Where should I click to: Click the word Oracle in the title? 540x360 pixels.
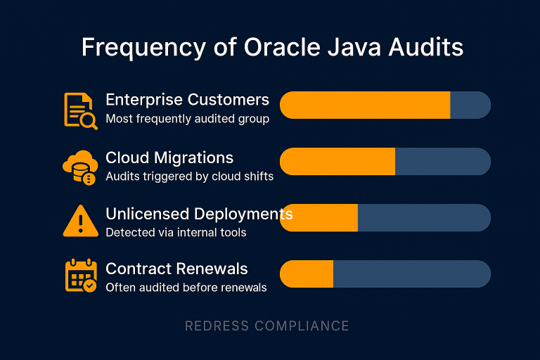click(273, 47)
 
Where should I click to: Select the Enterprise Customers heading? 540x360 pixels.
click(187, 99)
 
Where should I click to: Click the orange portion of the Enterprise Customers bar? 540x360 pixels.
click(365, 105)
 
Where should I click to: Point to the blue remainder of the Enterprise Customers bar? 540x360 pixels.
click(469, 105)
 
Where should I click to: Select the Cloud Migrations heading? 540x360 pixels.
click(169, 157)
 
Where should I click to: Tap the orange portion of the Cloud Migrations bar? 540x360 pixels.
click(337, 162)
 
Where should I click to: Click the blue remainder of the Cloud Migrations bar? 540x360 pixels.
click(442, 162)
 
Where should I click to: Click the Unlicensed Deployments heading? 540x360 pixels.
click(199, 213)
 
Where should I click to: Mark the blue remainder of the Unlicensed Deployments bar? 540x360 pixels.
click(423, 218)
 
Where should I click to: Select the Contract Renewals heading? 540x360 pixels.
click(176, 269)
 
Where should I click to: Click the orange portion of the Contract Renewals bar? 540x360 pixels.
click(307, 274)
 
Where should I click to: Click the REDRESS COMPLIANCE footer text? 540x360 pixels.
click(266, 326)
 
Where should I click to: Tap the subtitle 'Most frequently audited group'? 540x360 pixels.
click(187, 119)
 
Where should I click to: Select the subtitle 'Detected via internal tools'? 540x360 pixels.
click(176, 232)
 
